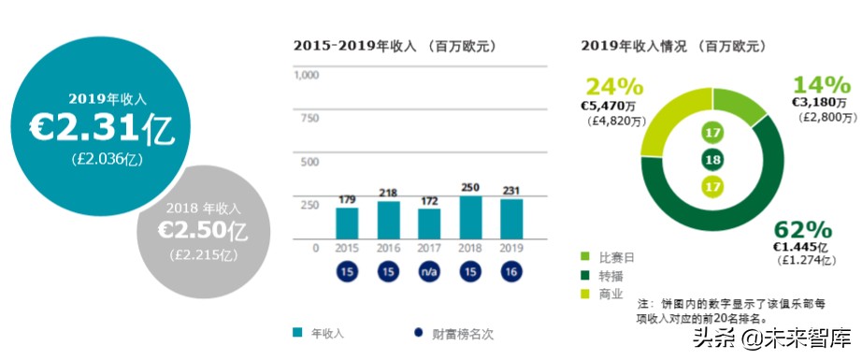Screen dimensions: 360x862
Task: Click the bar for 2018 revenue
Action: [x=470, y=217]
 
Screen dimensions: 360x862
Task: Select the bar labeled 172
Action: [x=429, y=223]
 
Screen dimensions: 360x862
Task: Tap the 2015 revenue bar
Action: [x=347, y=223]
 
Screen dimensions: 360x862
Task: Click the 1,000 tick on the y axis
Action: [x=307, y=76]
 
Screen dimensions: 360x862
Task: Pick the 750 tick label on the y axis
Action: [x=309, y=119]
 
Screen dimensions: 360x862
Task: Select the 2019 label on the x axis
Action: [x=511, y=248]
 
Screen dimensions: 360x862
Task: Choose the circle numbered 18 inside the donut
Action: [x=712, y=160]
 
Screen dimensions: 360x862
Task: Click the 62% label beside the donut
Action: [x=803, y=229]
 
